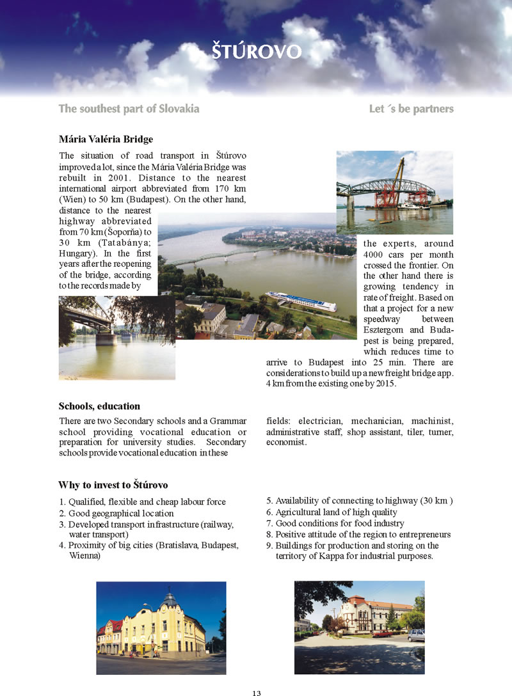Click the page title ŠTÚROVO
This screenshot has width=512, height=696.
pyautogui.click(x=256, y=51)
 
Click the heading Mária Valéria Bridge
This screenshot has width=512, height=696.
pyautogui.click(x=106, y=139)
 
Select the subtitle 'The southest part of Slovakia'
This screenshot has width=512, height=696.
pyautogui.click(x=129, y=109)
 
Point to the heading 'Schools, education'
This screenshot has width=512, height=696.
pyautogui.click(x=99, y=406)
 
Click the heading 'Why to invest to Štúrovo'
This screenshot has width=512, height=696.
pyautogui.click(x=113, y=484)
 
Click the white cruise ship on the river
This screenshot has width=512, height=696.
pyautogui.click(x=301, y=301)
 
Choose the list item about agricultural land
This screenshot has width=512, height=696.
pyautogui.click(x=336, y=512)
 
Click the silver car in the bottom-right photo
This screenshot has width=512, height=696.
pyautogui.click(x=416, y=635)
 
